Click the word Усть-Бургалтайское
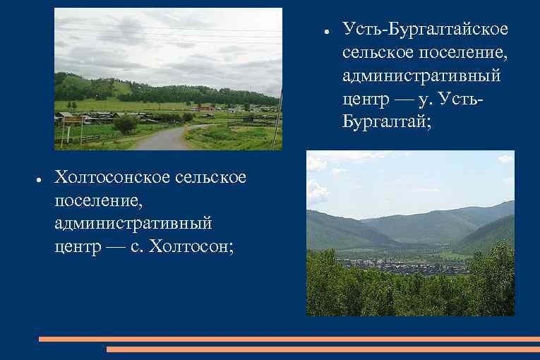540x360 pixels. pyautogui.click(x=425, y=30)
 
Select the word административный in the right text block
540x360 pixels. pyautogui.click(x=422, y=73)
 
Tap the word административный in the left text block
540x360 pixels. pyautogui.click(x=133, y=224)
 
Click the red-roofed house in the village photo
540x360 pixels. pyautogui.click(x=205, y=108)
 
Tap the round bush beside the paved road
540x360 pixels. pyautogui.click(x=125, y=124)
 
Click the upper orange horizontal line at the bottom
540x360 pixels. pyautogui.click(x=289, y=339)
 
